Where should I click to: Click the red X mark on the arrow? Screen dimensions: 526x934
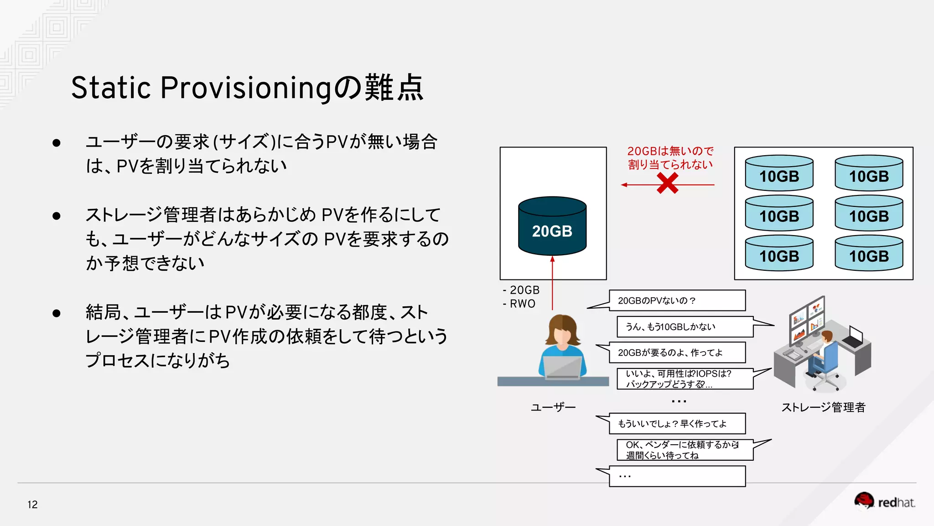[x=667, y=184]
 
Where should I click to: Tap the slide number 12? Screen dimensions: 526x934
[x=32, y=505]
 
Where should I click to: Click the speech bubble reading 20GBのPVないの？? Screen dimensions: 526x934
[x=677, y=300]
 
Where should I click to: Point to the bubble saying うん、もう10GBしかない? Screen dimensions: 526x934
[x=684, y=327]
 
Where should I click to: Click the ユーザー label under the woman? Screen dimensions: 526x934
[x=553, y=407]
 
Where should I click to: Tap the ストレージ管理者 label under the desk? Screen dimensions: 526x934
[x=823, y=407]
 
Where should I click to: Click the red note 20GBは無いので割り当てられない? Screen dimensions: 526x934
[x=670, y=158]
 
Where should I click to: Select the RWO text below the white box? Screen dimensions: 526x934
[x=522, y=304]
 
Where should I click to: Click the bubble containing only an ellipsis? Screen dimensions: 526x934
[x=677, y=476]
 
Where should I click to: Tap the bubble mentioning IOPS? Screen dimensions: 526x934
[x=684, y=379]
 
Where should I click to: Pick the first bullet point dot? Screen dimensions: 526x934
[x=57, y=143]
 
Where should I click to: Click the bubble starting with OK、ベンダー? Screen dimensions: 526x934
[x=684, y=450]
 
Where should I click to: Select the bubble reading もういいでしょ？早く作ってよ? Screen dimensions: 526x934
[x=677, y=424]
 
